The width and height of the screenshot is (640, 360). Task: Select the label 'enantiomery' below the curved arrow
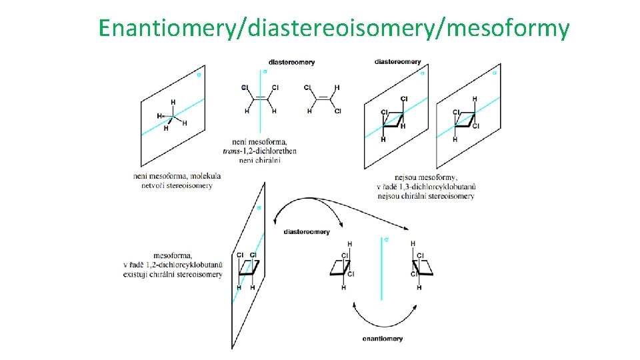click(x=383, y=339)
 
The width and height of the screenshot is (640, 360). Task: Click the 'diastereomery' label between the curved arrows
click(x=307, y=231)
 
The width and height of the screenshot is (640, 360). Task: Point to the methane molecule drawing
click(x=173, y=117)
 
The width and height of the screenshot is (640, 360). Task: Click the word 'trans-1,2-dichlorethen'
click(x=260, y=151)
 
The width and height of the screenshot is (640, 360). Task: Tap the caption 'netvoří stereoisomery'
click(x=177, y=185)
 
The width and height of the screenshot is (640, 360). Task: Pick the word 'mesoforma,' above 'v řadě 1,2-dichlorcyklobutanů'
click(x=173, y=255)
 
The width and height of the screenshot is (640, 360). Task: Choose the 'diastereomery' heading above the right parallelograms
click(x=398, y=62)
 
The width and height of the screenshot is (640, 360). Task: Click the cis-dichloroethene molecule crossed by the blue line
click(x=260, y=99)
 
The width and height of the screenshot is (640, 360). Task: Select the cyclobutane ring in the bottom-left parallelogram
click(x=247, y=269)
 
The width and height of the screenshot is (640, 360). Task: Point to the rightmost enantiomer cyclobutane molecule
click(x=420, y=267)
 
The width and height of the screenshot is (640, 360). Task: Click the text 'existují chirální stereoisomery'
click(x=173, y=275)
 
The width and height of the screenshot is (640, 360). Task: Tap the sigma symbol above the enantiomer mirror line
click(x=386, y=239)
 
